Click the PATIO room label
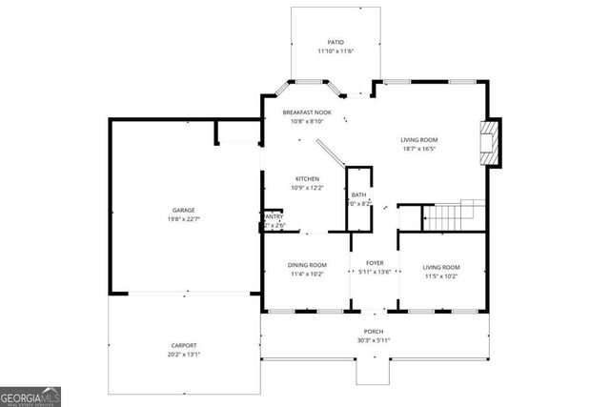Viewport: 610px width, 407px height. point(335,42)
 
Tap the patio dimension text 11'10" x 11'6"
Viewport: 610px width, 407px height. point(335,51)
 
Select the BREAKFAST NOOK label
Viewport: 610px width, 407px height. point(306,112)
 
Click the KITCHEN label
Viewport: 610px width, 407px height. point(306,179)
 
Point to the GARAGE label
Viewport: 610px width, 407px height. point(183,210)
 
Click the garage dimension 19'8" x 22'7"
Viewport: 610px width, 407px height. point(183,219)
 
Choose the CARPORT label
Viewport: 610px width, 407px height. point(185,345)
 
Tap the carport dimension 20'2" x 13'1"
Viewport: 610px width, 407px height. point(185,355)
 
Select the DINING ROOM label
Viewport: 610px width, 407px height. point(307,266)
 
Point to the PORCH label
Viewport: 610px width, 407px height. point(373,332)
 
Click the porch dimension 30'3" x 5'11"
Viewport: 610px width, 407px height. point(373,340)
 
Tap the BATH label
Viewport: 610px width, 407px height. point(358,194)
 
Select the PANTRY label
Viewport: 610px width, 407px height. point(273,216)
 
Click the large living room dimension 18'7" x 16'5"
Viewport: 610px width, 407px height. point(418,150)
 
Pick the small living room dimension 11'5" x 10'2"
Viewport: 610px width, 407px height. point(441,276)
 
